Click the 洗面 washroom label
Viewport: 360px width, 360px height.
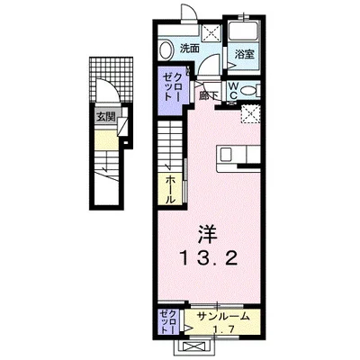(189, 47)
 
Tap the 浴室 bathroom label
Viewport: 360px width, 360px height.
(245, 54)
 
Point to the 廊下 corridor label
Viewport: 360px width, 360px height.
(210, 92)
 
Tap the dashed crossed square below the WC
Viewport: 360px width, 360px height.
(251, 112)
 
